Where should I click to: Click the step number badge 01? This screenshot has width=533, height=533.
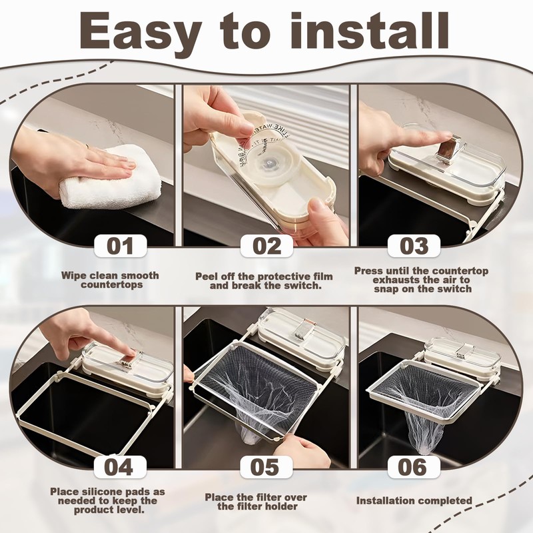pos(120,246)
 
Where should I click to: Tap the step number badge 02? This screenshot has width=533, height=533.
pos(267,246)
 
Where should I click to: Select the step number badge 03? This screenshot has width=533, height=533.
pos(414,246)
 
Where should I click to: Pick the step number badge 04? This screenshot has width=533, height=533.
pos(120,467)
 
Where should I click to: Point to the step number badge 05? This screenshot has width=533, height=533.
pos(266,467)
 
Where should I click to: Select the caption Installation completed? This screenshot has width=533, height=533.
pos(414,501)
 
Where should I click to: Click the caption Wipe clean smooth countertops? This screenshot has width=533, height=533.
pos(111,280)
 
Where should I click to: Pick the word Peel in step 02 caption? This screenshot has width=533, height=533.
pos(207,276)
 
